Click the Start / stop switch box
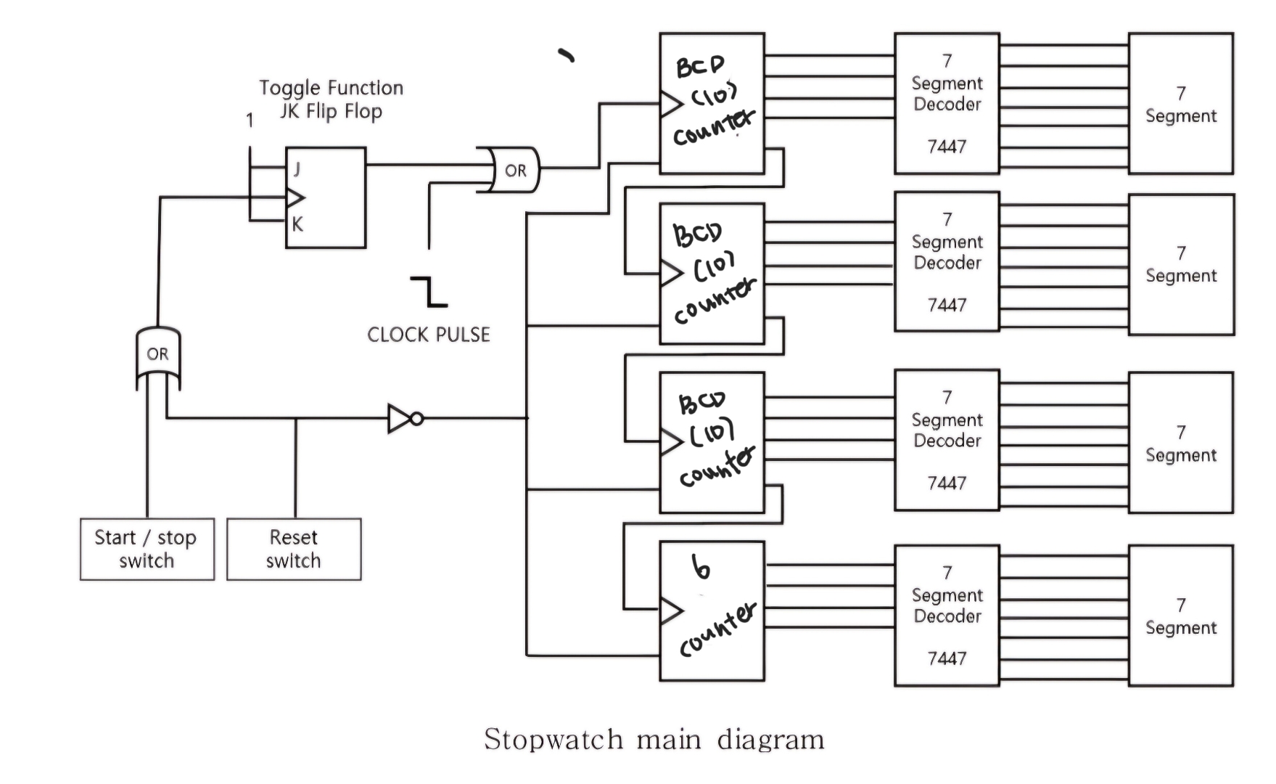147,549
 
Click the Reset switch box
294,549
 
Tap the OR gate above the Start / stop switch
158,356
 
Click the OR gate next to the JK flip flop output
511,171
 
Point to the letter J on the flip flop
297,169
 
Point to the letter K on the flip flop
297,225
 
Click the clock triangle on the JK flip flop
295,197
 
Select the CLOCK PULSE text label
429,335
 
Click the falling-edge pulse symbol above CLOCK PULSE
429,291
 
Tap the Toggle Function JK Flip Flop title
332,99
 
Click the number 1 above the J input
250,121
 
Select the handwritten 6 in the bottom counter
701,568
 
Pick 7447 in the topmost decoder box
947,147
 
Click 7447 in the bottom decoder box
947,658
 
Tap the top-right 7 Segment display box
1180,104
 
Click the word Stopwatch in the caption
553,740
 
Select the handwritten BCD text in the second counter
697,234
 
